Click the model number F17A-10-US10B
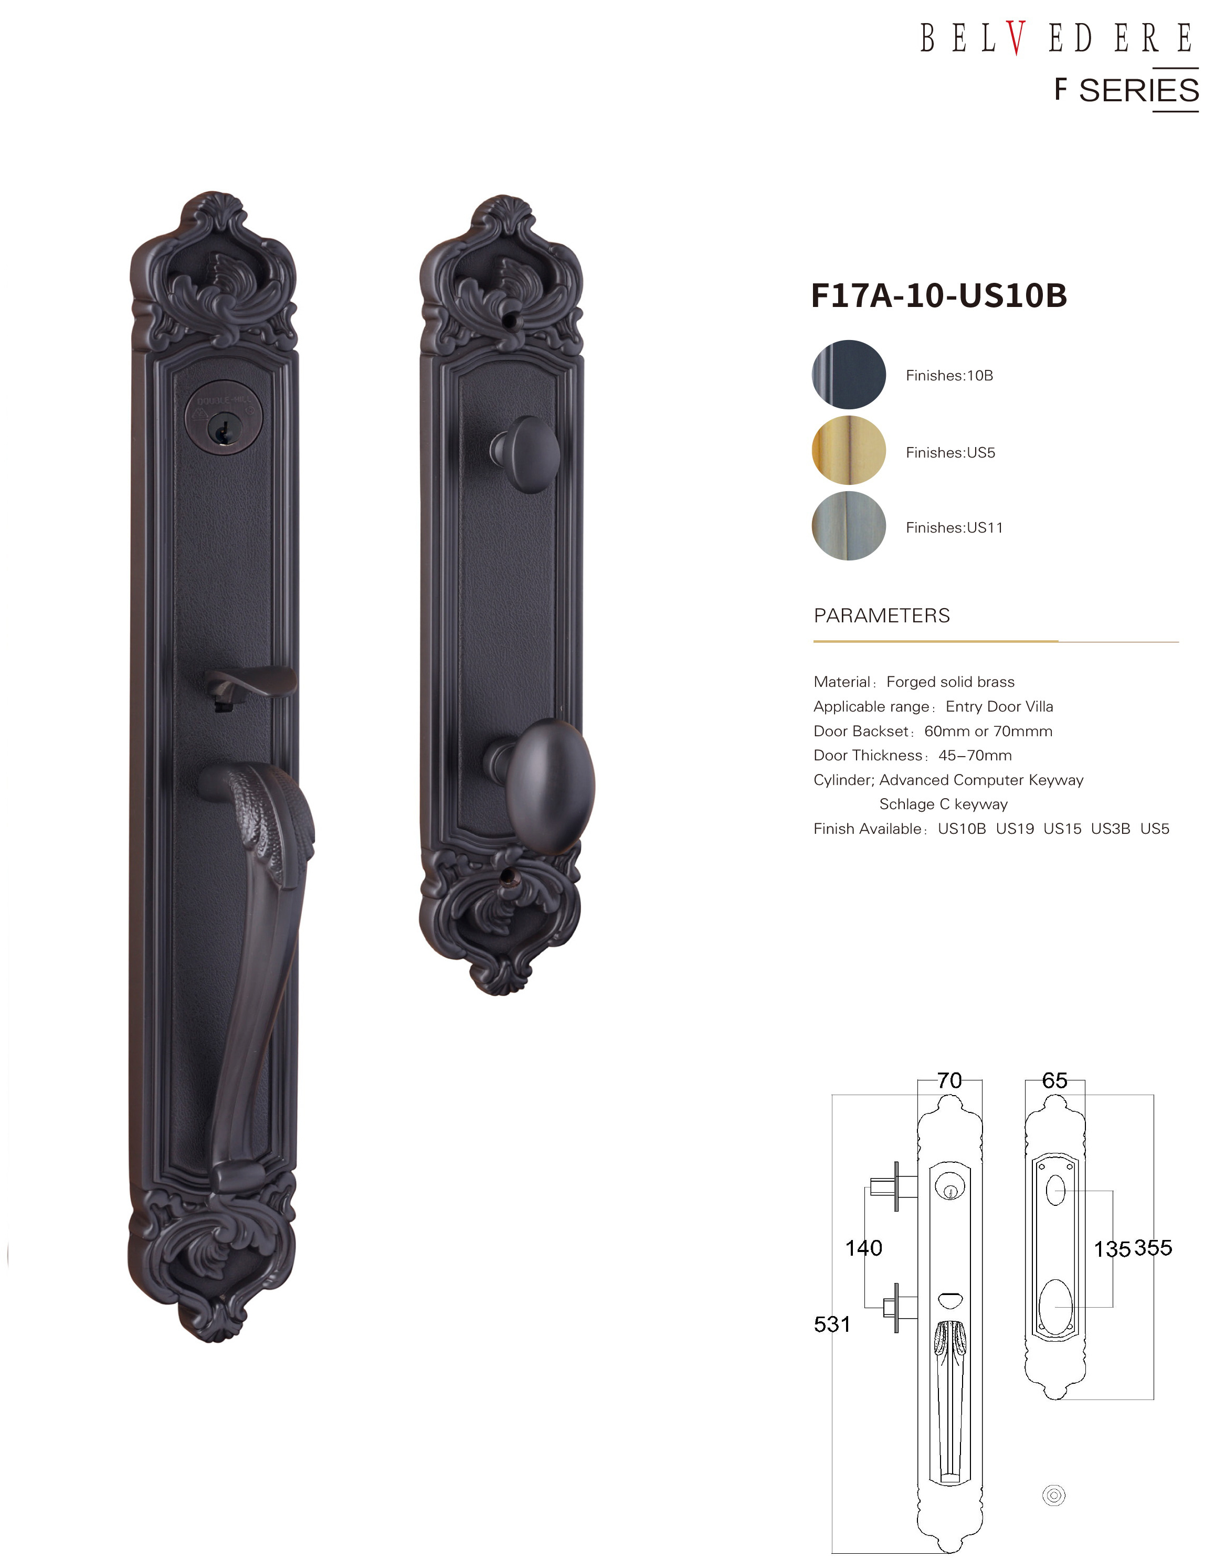939,295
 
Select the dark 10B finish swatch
849,374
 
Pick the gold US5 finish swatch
849,450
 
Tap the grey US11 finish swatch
849,526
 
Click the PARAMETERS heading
881,616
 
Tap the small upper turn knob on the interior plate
525,454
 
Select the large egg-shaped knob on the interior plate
543,785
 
